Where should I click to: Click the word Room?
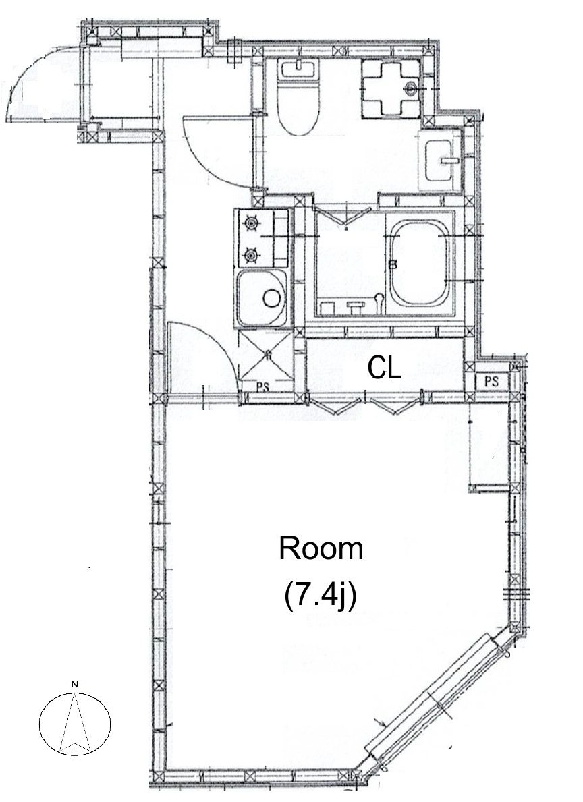[321, 549]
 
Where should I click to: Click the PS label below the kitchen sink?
[262, 387]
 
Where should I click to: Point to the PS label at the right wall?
[491, 381]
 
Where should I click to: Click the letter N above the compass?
[75, 684]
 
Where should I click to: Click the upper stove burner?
[251, 223]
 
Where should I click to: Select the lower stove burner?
[251, 254]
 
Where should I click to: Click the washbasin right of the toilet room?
[441, 160]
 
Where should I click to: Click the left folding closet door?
[338, 405]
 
